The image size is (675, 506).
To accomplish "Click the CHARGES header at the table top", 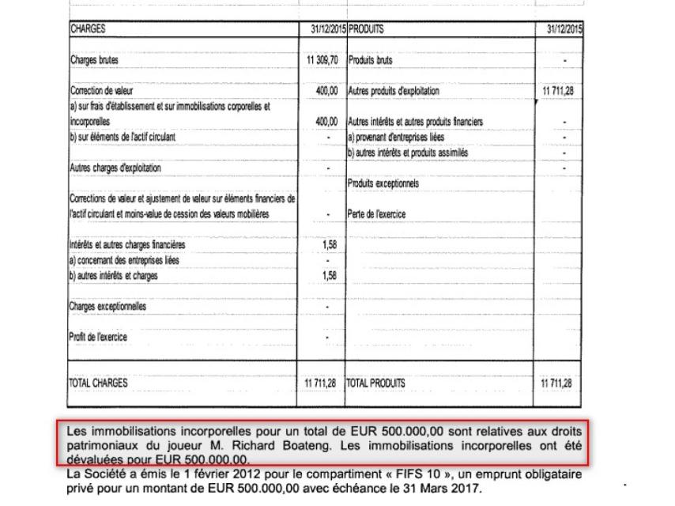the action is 85,29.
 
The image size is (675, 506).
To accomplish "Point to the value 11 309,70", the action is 321,60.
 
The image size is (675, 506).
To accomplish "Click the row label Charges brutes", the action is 95,60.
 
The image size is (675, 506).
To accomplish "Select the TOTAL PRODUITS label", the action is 376,383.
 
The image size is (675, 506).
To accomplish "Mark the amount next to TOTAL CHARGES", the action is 321,383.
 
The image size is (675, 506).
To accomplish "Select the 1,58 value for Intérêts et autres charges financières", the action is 330,245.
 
